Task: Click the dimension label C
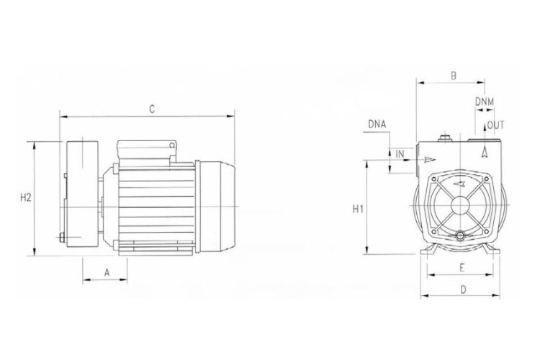(151, 108)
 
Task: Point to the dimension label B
(453, 75)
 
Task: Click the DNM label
(485, 102)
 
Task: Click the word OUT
(496, 125)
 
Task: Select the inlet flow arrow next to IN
(430, 158)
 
